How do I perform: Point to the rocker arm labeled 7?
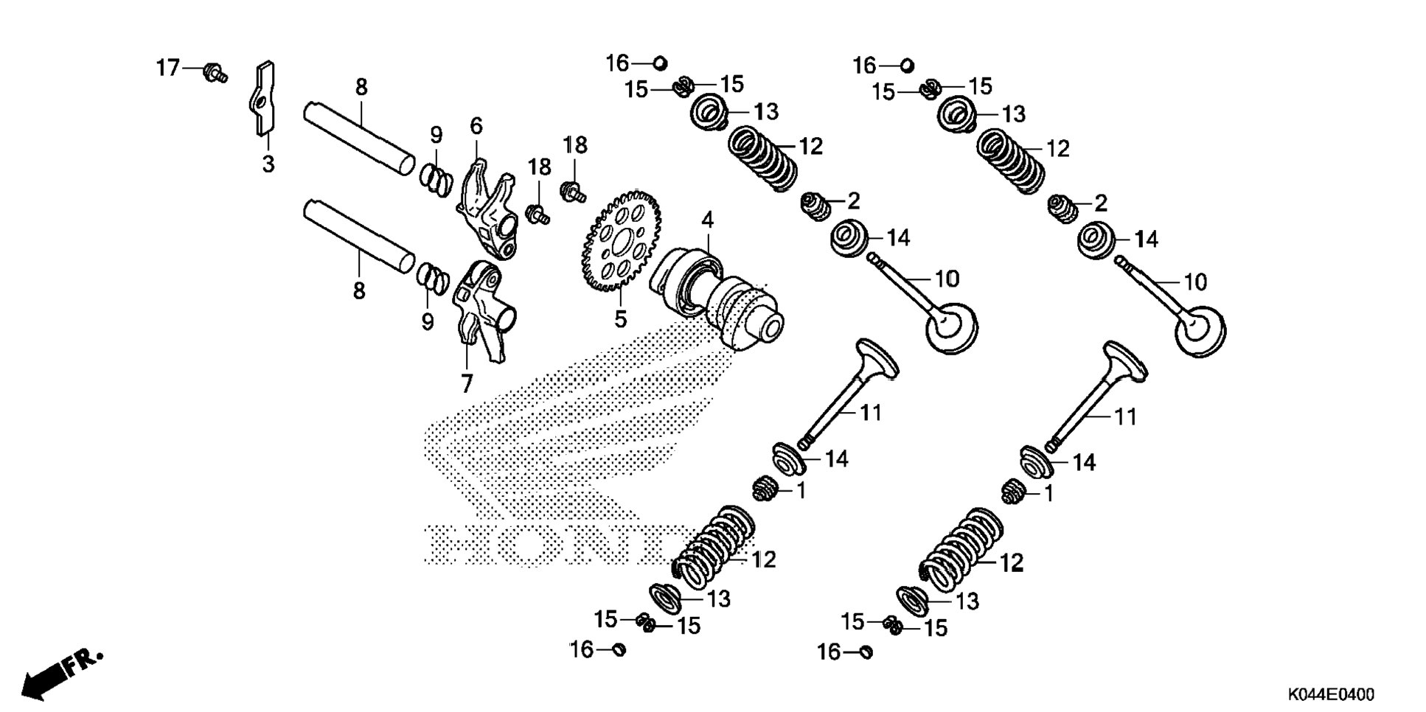483,313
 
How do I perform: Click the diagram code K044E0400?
1331,695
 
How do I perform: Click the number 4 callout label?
707,220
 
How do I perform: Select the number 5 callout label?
620,320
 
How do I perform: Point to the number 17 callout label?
168,69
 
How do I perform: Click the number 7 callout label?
467,384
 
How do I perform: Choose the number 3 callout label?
268,164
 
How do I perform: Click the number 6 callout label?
476,126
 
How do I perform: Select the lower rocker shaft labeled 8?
358,237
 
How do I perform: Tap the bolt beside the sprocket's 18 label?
573,192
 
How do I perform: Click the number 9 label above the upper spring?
437,135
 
